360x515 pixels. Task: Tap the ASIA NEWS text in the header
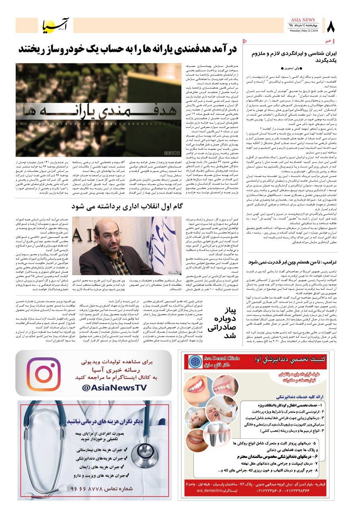point(305,20)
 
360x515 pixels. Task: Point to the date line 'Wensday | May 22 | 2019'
point(304,31)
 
